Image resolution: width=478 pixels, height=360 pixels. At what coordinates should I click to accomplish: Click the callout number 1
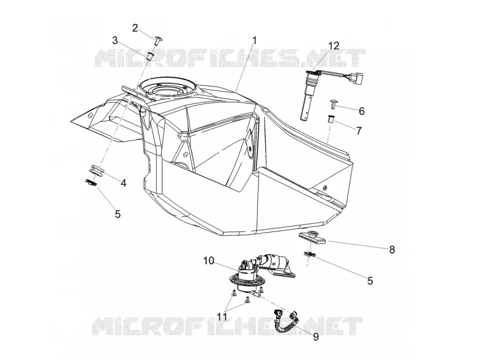[255, 40]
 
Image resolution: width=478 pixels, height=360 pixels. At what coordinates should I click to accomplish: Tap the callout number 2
[135, 28]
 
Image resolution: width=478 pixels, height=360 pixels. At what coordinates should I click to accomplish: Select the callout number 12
[334, 45]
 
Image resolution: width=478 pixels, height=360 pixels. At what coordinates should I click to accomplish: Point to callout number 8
[392, 249]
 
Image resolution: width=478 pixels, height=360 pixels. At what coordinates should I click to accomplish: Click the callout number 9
[316, 337]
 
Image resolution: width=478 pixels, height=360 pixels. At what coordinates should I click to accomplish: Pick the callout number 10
[209, 261]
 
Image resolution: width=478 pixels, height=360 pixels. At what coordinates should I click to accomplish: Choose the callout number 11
[222, 317]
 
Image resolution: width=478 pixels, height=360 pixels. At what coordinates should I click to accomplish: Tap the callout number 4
[123, 183]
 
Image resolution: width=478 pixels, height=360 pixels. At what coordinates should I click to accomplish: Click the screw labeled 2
[159, 40]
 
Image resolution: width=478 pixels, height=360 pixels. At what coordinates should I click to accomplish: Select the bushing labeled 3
[150, 56]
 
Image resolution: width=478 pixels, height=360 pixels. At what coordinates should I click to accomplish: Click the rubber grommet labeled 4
[97, 170]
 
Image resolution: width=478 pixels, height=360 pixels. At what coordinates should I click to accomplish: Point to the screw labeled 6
[333, 103]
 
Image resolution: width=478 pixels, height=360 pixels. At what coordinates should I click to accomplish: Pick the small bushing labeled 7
[331, 118]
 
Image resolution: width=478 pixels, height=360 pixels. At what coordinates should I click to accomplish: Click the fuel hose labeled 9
[287, 321]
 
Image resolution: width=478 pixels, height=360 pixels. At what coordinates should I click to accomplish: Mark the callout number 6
[361, 111]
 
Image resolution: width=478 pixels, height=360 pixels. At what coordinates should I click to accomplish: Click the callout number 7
[359, 131]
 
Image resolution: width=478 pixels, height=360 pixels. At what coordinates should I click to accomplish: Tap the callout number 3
[115, 40]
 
